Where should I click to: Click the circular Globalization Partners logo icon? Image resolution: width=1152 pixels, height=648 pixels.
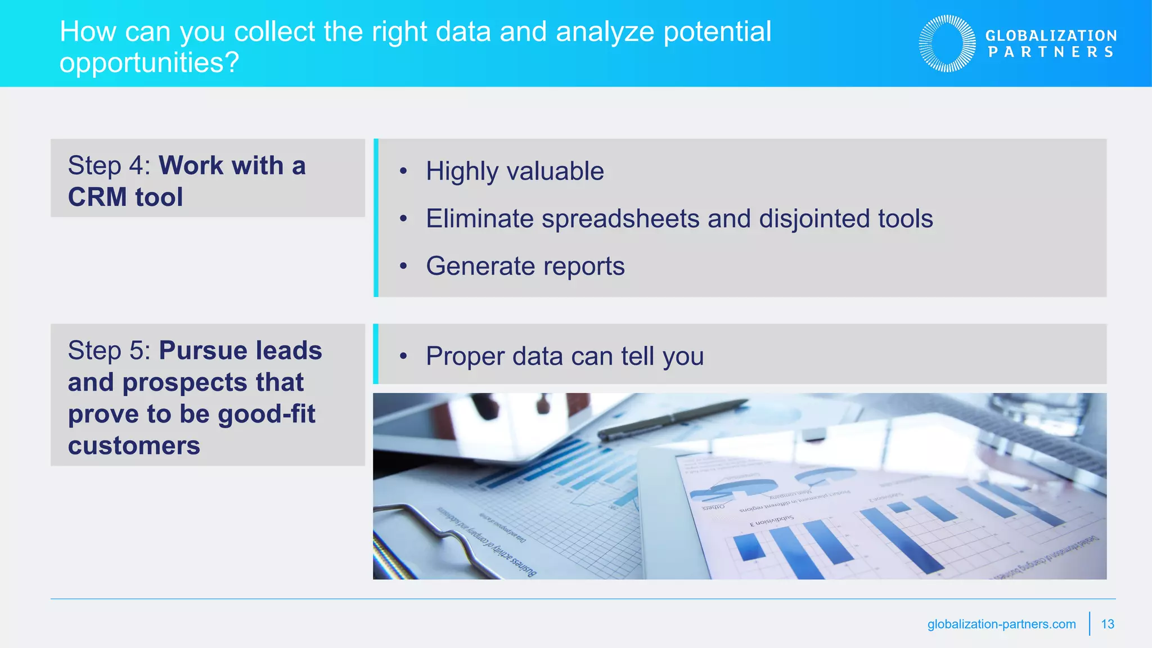947,43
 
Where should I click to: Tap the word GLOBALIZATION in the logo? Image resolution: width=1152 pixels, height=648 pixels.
1051,35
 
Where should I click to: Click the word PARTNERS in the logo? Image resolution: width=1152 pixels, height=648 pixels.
1051,52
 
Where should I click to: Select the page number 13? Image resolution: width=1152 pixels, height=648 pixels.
1108,624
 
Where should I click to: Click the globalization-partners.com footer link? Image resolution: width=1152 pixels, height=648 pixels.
1001,624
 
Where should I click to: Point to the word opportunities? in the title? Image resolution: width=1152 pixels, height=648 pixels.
149,62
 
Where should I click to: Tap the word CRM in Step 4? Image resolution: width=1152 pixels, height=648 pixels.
97,197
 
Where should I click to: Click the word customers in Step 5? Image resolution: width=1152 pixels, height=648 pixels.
134,446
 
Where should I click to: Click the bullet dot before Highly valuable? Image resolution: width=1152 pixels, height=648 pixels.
403,171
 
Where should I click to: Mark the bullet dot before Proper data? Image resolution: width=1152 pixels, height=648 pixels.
403,356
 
